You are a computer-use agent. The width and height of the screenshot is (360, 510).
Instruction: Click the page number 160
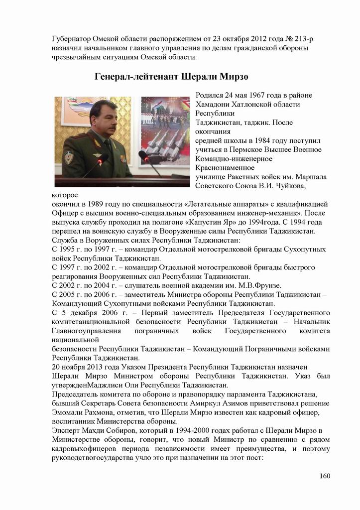click(x=325, y=476)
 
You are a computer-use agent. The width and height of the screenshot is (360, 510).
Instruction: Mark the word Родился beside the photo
click(x=211, y=95)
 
